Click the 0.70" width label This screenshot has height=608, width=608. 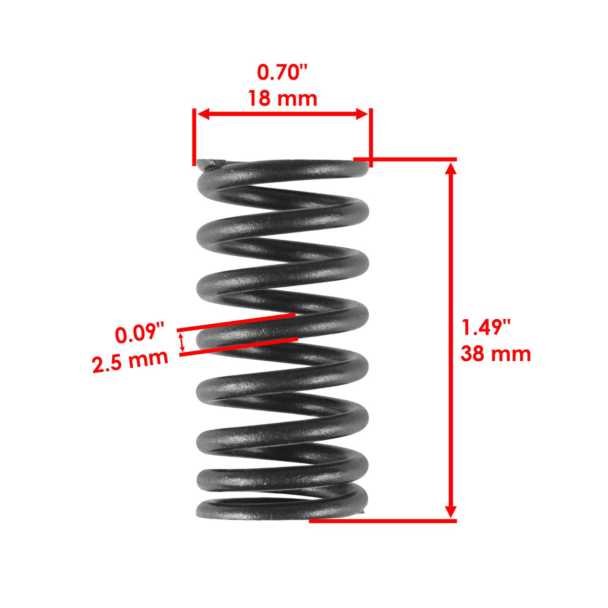tap(282, 72)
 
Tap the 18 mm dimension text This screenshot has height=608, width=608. tap(282, 98)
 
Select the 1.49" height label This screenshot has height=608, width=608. tap(486, 327)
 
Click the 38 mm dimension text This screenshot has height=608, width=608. tap(496, 354)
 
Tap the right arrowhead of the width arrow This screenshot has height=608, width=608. tap(362, 114)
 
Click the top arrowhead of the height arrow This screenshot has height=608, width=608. tap(451, 169)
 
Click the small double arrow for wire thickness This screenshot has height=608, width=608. tap(182, 343)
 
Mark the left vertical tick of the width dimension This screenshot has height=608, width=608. tap(194, 137)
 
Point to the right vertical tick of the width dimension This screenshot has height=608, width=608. tap(371, 138)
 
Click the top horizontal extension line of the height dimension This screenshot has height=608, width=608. tap(405, 159)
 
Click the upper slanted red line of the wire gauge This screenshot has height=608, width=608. tap(236, 322)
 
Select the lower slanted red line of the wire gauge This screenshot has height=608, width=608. tap(239, 347)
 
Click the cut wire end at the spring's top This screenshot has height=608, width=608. tap(211, 165)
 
